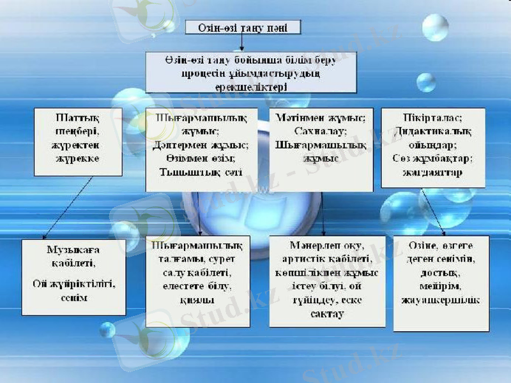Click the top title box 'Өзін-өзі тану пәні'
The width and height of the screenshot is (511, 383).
click(x=242, y=27)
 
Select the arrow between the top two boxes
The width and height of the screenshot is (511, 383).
click(x=242, y=43)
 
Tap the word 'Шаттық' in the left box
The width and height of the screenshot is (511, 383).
click(x=77, y=119)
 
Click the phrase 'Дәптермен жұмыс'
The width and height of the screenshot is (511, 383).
click(x=202, y=146)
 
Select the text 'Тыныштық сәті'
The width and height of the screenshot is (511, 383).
click(x=201, y=172)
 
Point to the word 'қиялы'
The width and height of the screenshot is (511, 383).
click(x=198, y=299)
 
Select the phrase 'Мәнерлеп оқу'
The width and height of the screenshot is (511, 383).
click(x=326, y=246)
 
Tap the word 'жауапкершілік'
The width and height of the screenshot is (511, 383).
click(x=441, y=300)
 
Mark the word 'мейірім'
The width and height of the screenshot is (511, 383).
click(x=441, y=286)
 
